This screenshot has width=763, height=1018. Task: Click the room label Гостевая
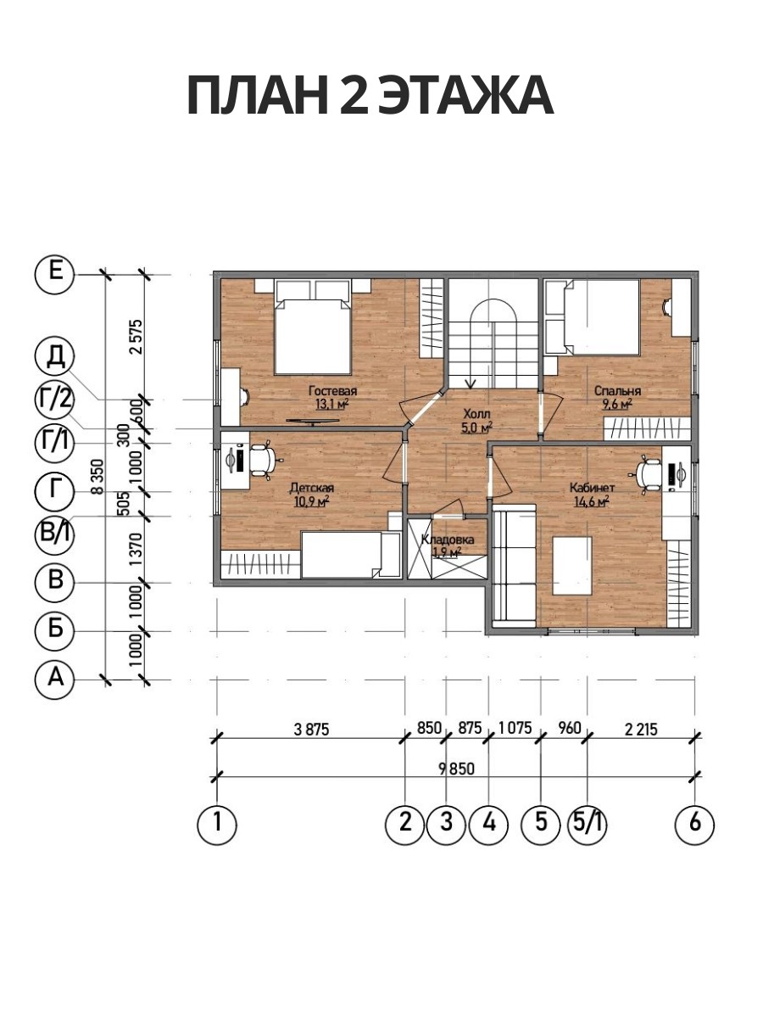tap(333, 391)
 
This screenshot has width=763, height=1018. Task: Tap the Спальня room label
tap(617, 391)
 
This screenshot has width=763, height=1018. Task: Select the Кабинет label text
tap(592, 488)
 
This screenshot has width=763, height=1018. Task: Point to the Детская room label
tap(312, 488)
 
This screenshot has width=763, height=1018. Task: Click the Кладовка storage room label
tap(448, 540)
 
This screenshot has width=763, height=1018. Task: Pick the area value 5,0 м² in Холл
tap(476, 428)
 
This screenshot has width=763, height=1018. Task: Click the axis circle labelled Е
tap(54, 275)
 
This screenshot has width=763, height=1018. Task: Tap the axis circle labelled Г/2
tap(54, 399)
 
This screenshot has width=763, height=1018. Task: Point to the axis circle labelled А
tap(54, 678)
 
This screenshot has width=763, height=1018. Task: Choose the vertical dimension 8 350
tap(97, 477)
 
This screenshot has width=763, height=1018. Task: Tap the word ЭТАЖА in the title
tap(465, 96)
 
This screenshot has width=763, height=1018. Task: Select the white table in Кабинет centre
tap(572, 566)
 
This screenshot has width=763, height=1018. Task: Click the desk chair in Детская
tap(264, 459)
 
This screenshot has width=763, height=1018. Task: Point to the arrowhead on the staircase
tap(471, 383)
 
